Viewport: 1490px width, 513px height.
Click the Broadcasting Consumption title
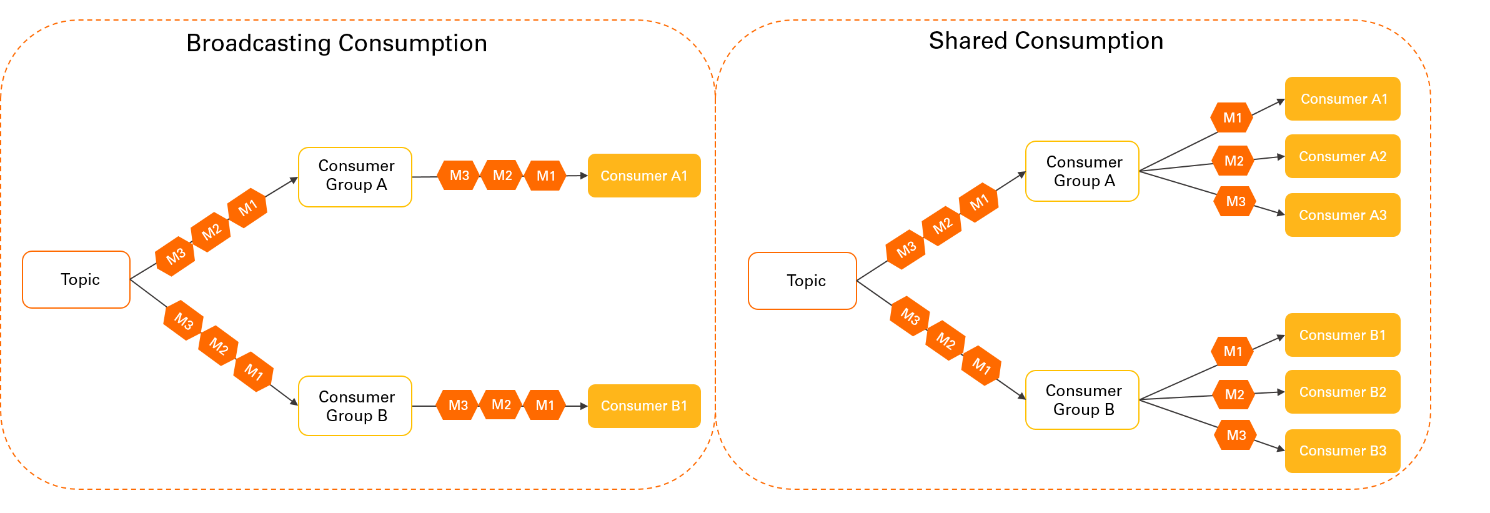pyautogui.click(x=336, y=43)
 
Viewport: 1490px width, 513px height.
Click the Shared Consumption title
pyautogui.click(x=1046, y=41)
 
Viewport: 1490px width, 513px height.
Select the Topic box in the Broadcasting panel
pyautogui.click(x=76, y=279)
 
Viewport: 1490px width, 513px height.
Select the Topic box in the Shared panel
pyautogui.click(x=802, y=281)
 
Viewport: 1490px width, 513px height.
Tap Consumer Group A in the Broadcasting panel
pyautogui.click(x=355, y=177)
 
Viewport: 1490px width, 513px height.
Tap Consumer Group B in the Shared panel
pyautogui.click(x=1082, y=400)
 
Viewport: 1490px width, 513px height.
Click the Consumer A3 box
pyautogui.click(x=1343, y=215)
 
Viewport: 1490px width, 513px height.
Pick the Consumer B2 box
pyautogui.click(x=1343, y=392)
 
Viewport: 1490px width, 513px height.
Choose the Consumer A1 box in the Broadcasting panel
pyautogui.click(x=644, y=176)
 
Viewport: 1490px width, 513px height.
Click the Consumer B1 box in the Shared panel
pyautogui.click(x=1343, y=335)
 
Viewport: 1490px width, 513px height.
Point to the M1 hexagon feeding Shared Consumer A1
pyautogui.click(x=1231, y=117)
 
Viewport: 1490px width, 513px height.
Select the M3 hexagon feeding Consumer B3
pyautogui.click(x=1235, y=435)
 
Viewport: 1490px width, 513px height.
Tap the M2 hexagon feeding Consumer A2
pyautogui.click(x=1233, y=161)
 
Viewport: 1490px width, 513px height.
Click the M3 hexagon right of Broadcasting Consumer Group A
pyautogui.click(x=459, y=176)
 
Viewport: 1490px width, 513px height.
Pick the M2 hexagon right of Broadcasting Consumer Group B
pyautogui.click(x=501, y=405)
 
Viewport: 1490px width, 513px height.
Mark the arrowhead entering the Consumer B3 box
pyautogui.click(x=1281, y=449)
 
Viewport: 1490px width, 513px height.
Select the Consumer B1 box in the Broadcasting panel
pyautogui.click(x=644, y=406)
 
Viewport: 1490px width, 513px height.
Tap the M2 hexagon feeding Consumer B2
pyautogui.click(x=1234, y=394)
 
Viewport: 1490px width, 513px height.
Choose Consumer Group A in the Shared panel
pyautogui.click(x=1082, y=171)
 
